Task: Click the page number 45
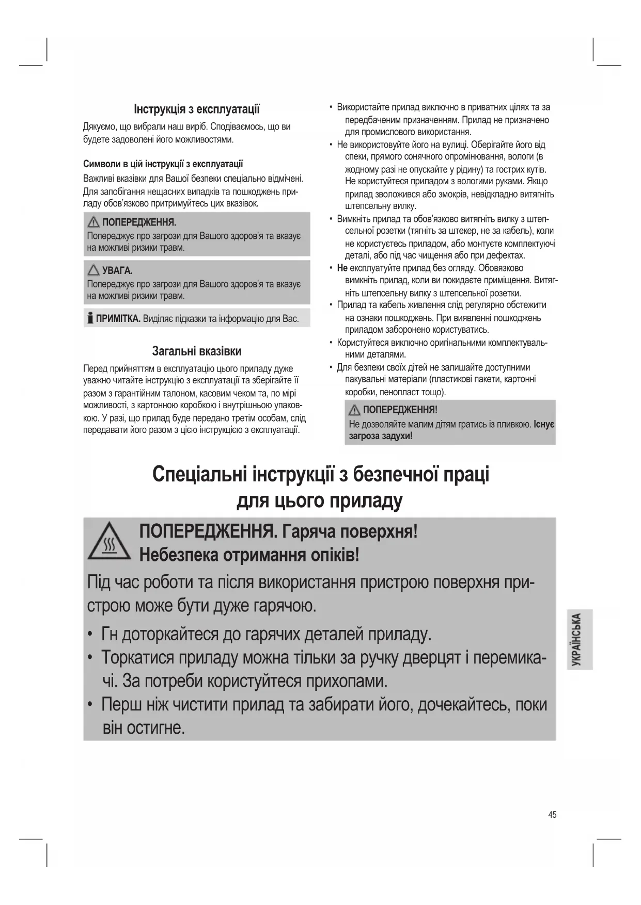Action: [552, 815]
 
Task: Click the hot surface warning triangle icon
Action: [109, 541]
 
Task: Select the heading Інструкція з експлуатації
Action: [197, 109]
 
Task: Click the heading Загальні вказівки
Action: [197, 351]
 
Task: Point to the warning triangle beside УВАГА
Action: [93, 270]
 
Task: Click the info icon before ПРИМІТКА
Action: [90, 318]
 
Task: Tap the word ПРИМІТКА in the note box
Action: [118, 318]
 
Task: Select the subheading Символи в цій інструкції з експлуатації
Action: [163, 165]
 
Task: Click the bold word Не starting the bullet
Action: [342, 268]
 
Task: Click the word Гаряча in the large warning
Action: [311, 531]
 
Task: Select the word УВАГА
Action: [117, 270]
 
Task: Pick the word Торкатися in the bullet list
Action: [137, 658]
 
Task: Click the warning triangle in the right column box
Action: [354, 410]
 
